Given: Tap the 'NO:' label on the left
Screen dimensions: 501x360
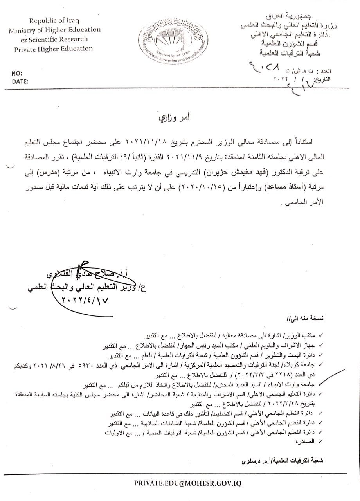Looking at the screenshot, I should click(16, 74).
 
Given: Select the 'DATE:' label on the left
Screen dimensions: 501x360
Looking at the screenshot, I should click(20, 82).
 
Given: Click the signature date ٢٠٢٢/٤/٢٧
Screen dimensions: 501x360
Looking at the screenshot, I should click(83, 299).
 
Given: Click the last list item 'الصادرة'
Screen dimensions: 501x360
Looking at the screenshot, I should click(304, 442).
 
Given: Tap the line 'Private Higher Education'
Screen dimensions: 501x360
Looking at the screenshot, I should click(54, 49).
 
